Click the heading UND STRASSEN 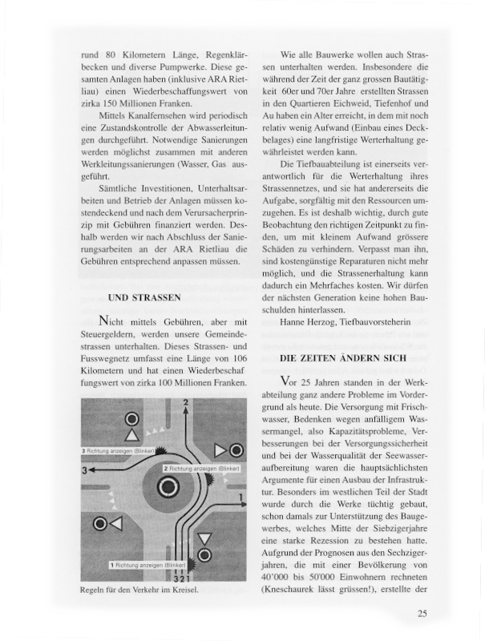[x=144, y=298]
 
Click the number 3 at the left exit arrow [x=84, y=470]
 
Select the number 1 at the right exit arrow [x=241, y=498]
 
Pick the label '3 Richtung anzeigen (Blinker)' [x=121, y=451]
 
